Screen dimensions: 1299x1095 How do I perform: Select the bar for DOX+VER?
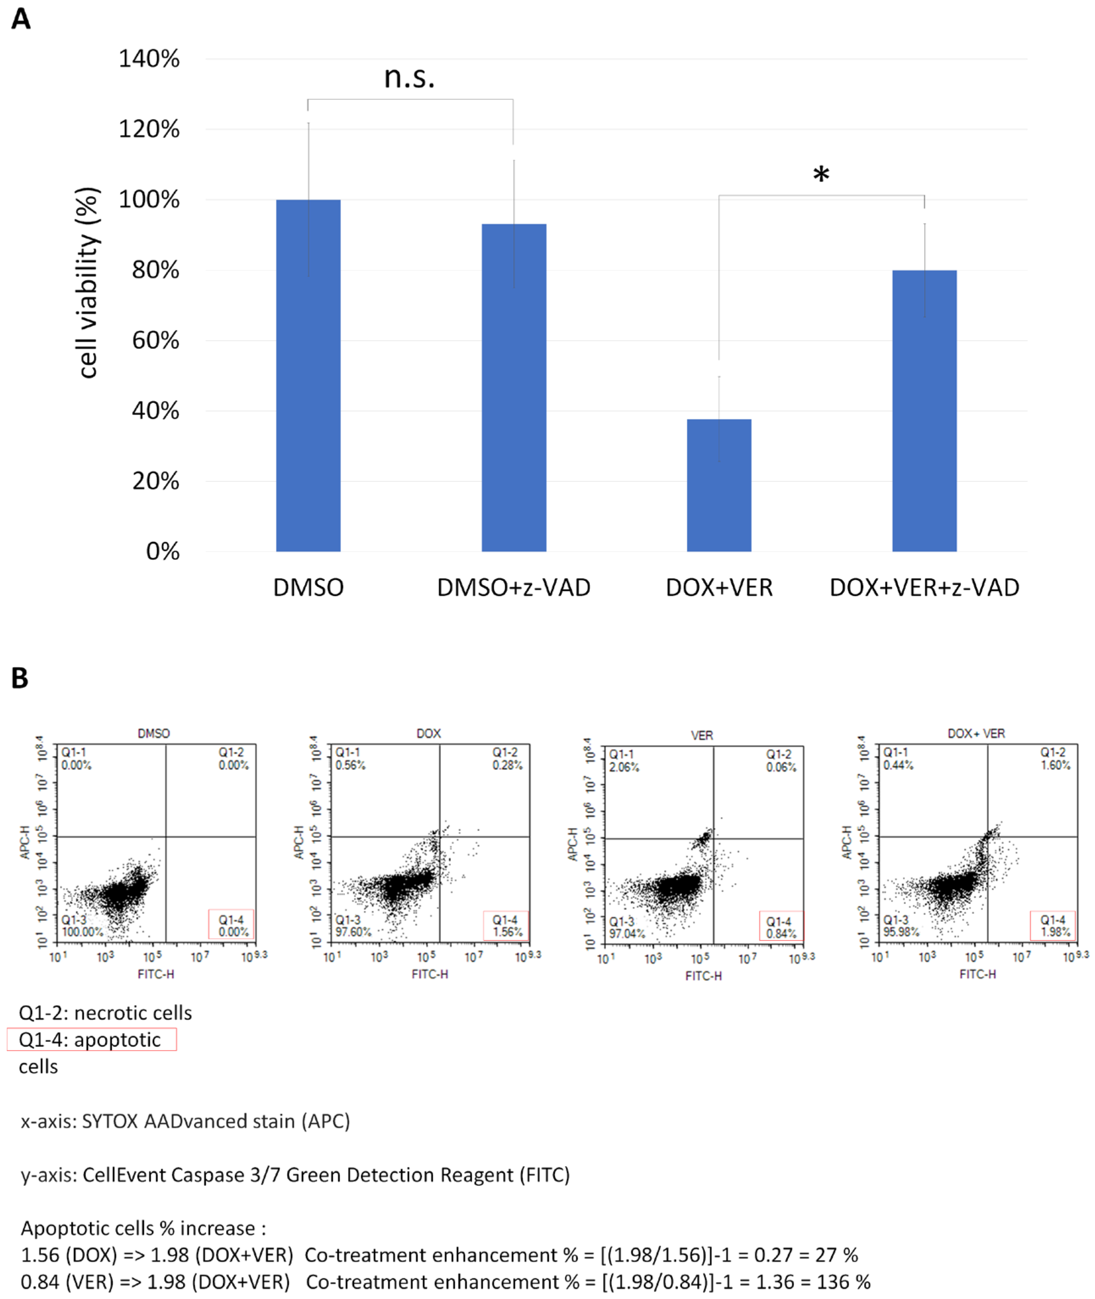pos(719,485)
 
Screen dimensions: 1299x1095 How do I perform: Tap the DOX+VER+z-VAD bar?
pos(924,411)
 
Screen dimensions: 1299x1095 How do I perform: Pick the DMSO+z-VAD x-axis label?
pos(513,587)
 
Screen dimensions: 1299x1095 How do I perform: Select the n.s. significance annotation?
pos(409,77)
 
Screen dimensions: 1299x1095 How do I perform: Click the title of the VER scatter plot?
pos(702,735)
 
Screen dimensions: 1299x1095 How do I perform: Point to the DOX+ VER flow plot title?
pos(976,733)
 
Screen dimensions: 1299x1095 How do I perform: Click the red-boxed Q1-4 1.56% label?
pos(506,926)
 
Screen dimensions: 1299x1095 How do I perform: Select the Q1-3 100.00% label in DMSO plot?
pos(81,926)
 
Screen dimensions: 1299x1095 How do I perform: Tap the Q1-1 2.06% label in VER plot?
pos(623,761)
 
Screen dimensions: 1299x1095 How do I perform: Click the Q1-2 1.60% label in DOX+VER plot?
pos(1055,759)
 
